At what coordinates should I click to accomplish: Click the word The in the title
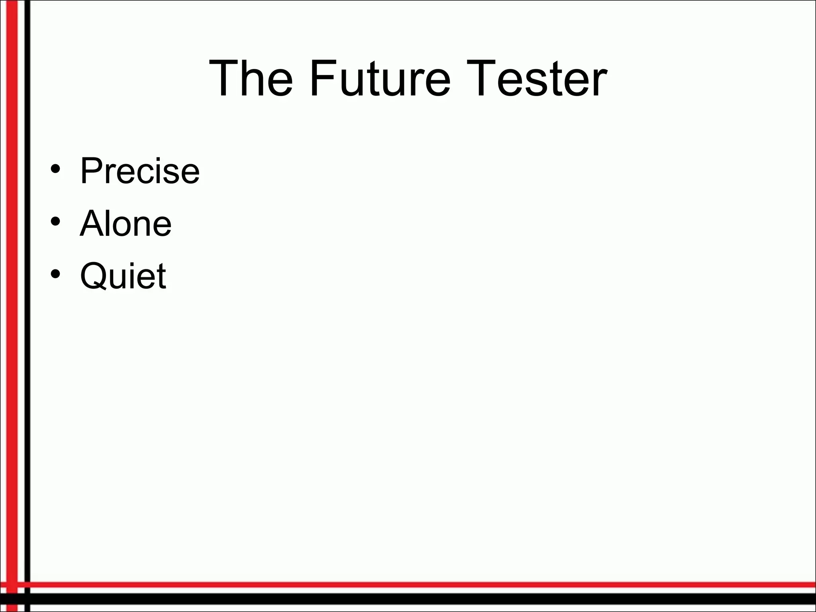point(251,78)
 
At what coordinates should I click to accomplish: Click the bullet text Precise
point(139,171)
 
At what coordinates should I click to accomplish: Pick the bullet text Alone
point(126,224)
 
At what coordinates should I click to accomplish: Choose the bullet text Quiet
point(123,276)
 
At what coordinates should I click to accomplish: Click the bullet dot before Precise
point(56,169)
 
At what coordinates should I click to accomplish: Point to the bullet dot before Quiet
point(56,274)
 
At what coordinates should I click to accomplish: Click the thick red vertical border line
point(12,279)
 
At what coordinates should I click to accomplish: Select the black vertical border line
point(27,279)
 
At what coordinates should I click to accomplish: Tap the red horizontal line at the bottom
point(398,585)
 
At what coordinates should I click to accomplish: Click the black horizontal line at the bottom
point(398,599)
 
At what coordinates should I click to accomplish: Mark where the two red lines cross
point(12,585)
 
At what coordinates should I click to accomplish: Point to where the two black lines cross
point(27,599)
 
